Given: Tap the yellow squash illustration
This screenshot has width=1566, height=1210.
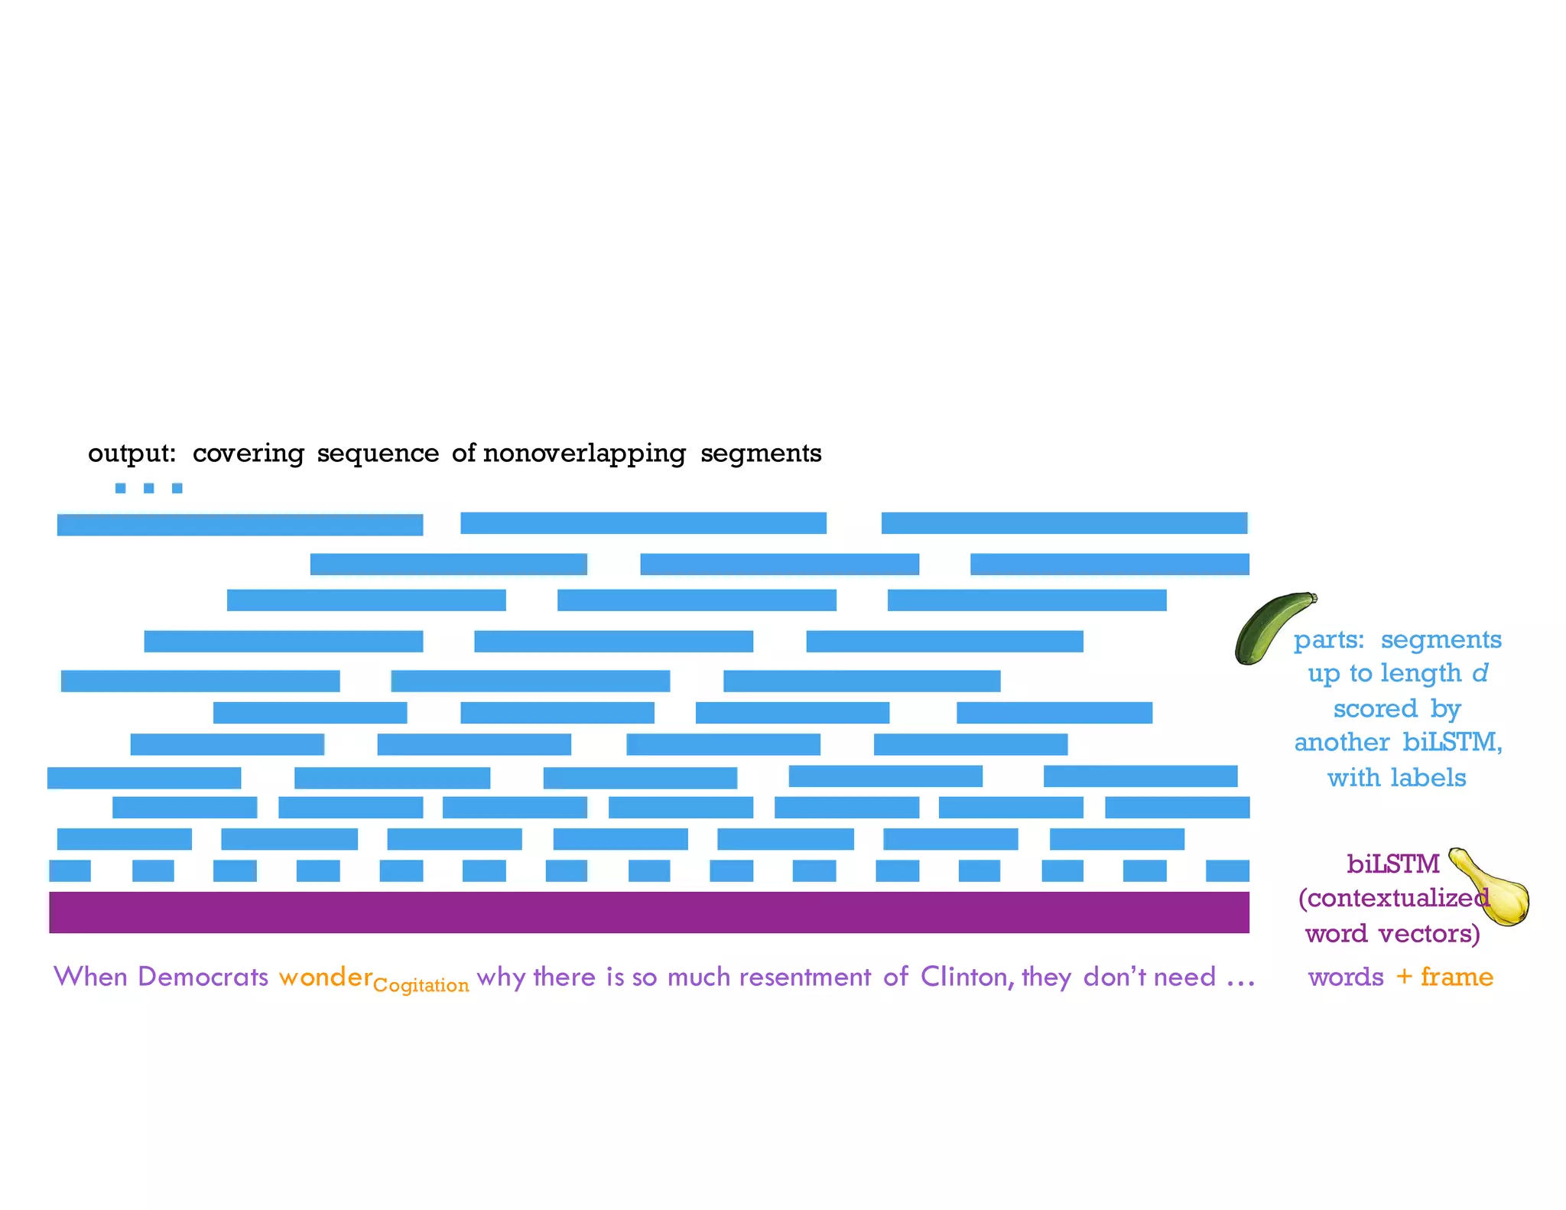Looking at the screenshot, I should pyautogui.click(x=1495, y=891).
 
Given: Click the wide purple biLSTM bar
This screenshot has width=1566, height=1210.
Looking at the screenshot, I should pyautogui.click(x=648, y=912).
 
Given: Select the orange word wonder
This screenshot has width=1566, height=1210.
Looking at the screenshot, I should pyautogui.click(x=325, y=977).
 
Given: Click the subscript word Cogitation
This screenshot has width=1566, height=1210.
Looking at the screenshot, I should pyautogui.click(x=421, y=985).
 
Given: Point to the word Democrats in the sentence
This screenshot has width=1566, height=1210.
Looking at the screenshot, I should pyautogui.click(x=203, y=977).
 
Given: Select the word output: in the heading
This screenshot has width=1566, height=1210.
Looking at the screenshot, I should pyautogui.click(x=132, y=454).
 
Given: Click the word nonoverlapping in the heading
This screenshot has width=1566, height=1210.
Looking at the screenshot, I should pyautogui.click(x=584, y=454).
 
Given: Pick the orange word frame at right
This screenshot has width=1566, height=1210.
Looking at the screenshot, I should pyautogui.click(x=1456, y=977).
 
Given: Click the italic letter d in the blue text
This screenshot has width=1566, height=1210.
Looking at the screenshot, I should pyautogui.click(x=1480, y=673).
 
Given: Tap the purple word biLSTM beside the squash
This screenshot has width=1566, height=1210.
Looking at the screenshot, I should pyautogui.click(x=1392, y=864).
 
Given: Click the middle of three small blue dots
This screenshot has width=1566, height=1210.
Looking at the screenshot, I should pyautogui.click(x=148, y=488).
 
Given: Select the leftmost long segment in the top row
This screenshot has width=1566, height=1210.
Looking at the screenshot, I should pyautogui.click(x=239, y=525).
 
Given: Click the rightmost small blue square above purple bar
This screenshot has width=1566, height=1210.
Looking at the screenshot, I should pyautogui.click(x=1227, y=870).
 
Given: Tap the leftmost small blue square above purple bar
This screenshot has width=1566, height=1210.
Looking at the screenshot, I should pyautogui.click(x=70, y=870).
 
